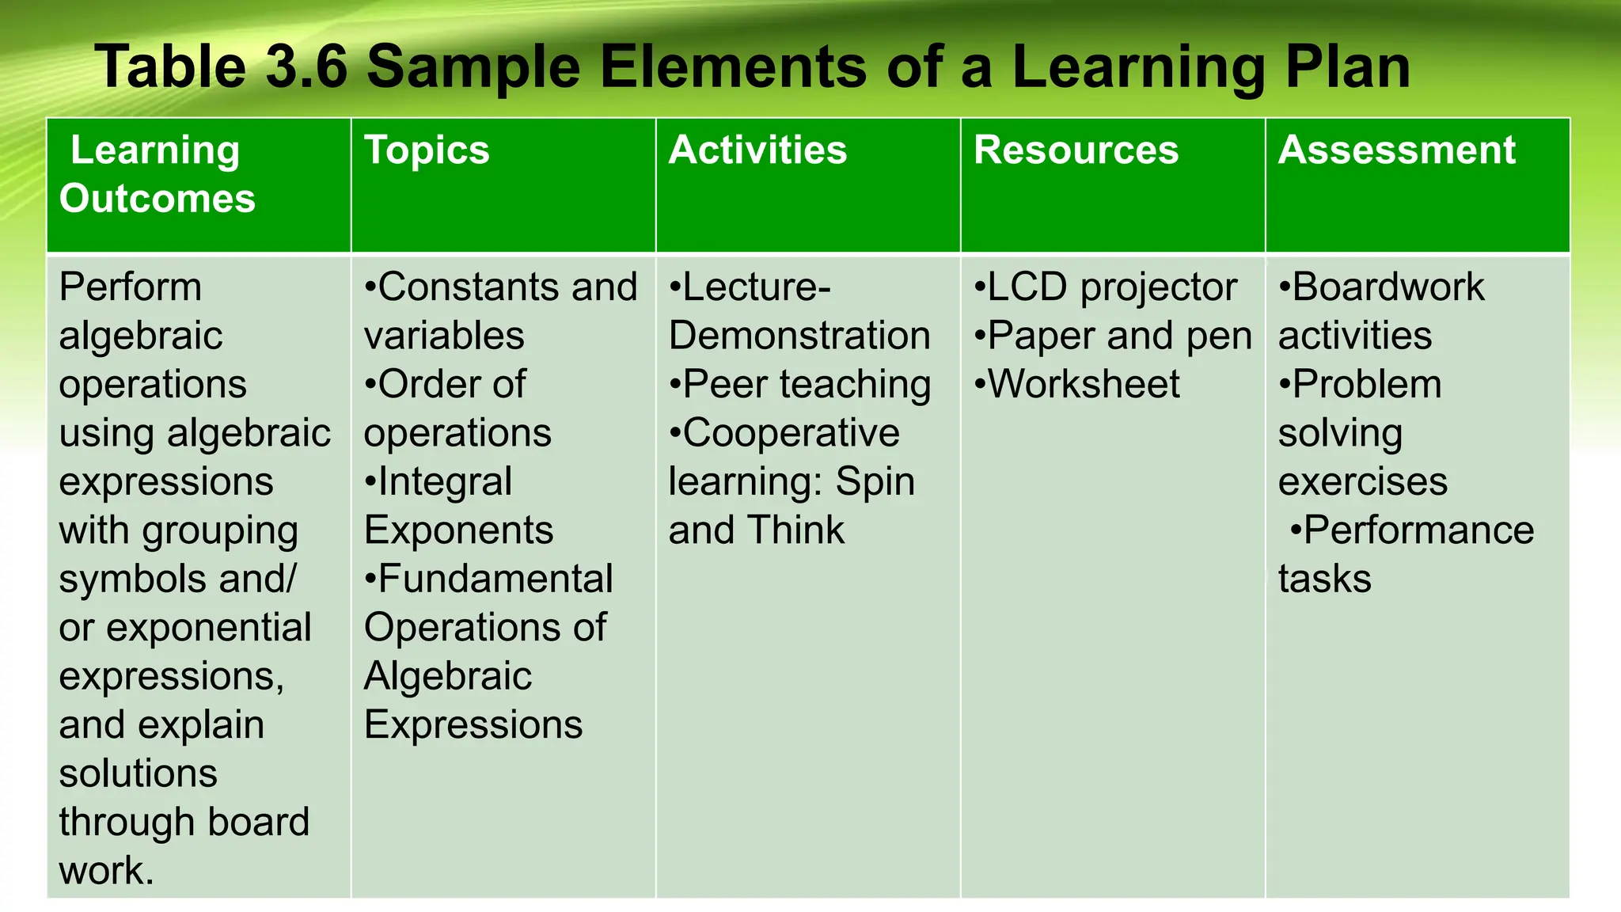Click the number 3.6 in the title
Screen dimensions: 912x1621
[x=306, y=66]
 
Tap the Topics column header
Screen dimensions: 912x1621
[x=427, y=150]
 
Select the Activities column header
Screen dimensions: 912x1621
[x=757, y=150]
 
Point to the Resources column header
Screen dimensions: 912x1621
[x=1076, y=150]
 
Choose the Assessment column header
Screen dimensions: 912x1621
[x=1396, y=150]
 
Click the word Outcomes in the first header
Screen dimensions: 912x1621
[x=158, y=198]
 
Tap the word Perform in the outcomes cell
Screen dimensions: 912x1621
[x=131, y=287]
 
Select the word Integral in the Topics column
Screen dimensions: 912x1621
[x=445, y=481]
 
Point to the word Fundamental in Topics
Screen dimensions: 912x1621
[x=495, y=579]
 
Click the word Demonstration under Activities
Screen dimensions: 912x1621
[x=799, y=336]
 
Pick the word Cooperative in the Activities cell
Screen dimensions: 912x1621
[x=791, y=433]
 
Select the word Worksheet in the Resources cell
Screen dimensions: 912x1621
[x=1084, y=384]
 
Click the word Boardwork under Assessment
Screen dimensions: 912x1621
[x=1388, y=287]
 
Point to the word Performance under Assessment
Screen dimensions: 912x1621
[x=1418, y=530]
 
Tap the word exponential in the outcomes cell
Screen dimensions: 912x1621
[x=209, y=628]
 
